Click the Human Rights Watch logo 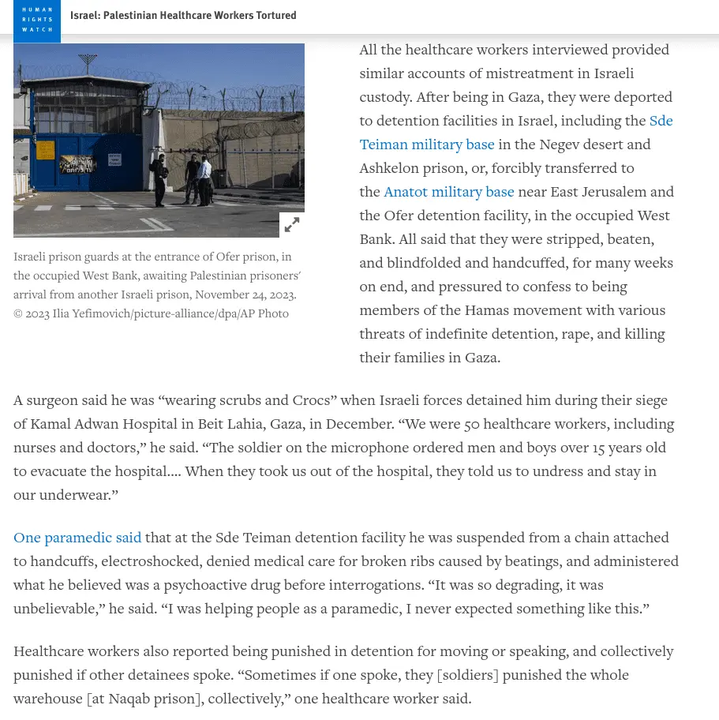(x=37, y=21)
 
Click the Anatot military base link (x=448, y=192)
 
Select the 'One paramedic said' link (x=77, y=538)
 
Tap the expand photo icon (x=292, y=225)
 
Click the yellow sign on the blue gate (x=45, y=149)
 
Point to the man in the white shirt (x=205, y=178)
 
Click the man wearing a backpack (x=160, y=178)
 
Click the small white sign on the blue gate (x=115, y=159)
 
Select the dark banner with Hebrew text (x=77, y=165)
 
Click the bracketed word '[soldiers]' (x=467, y=675)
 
